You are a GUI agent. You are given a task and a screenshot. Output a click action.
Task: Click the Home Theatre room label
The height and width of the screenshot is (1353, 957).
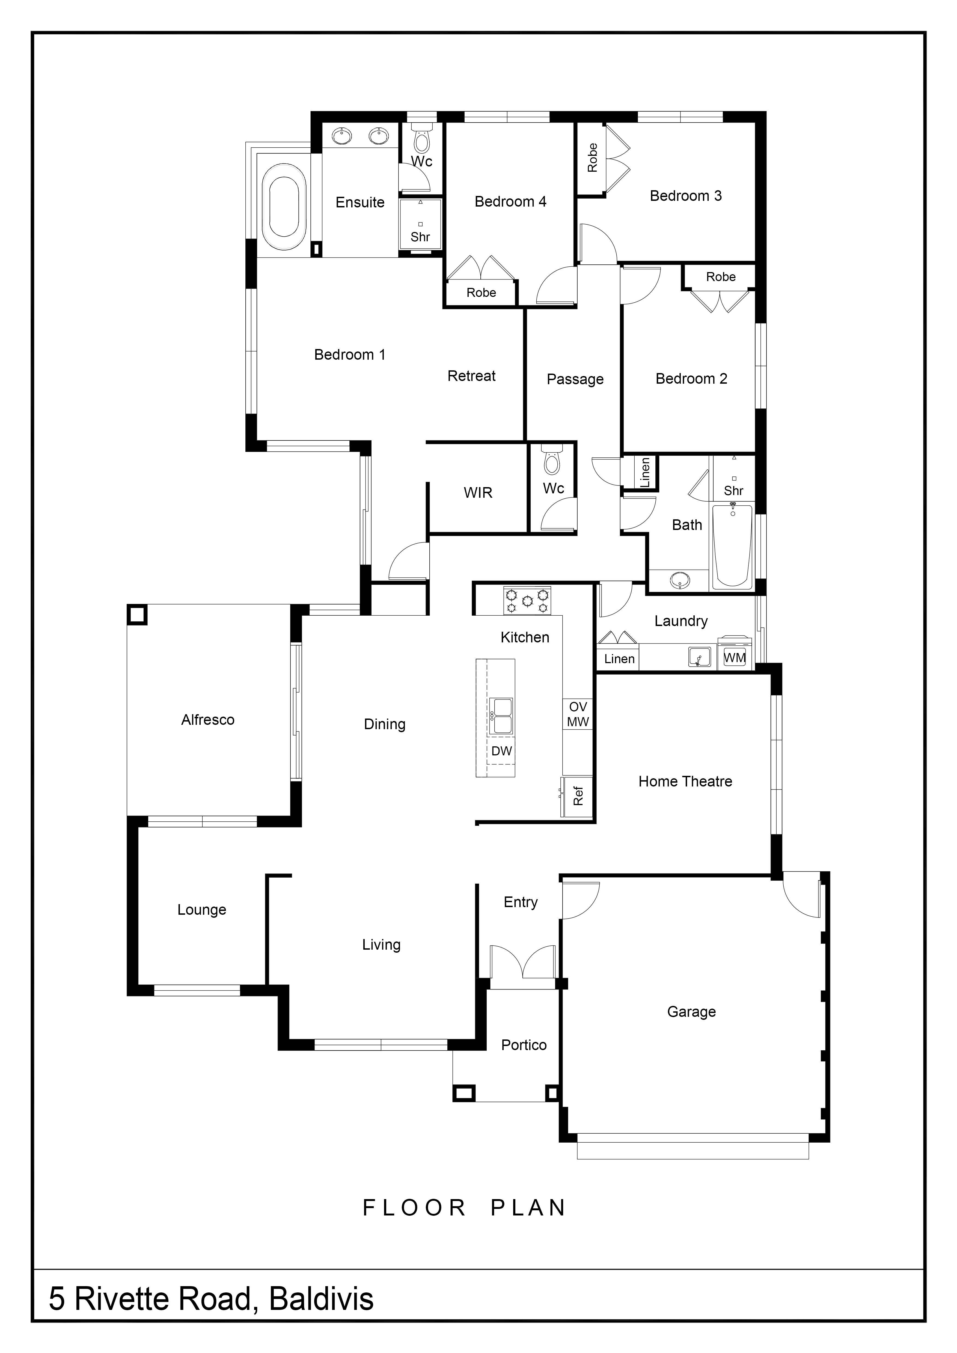685,781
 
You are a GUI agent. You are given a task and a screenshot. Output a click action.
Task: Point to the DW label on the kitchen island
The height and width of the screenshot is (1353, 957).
501,751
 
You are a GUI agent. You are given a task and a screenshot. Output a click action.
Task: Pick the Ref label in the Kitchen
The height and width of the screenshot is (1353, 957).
578,796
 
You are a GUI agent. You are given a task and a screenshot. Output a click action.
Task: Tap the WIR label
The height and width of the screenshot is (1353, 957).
478,493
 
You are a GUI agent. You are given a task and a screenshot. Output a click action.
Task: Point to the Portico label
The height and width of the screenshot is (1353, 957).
524,1045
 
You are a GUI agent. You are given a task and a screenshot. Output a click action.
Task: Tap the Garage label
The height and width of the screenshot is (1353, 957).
691,1012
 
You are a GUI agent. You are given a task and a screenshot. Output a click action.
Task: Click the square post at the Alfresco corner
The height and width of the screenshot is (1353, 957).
137,615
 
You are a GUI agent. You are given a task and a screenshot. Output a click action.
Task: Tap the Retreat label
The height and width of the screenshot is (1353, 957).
471,376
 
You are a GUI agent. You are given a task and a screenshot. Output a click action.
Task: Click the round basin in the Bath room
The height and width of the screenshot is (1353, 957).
680,580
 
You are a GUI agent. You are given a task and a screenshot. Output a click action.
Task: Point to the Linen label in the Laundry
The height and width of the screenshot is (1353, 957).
619,659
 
